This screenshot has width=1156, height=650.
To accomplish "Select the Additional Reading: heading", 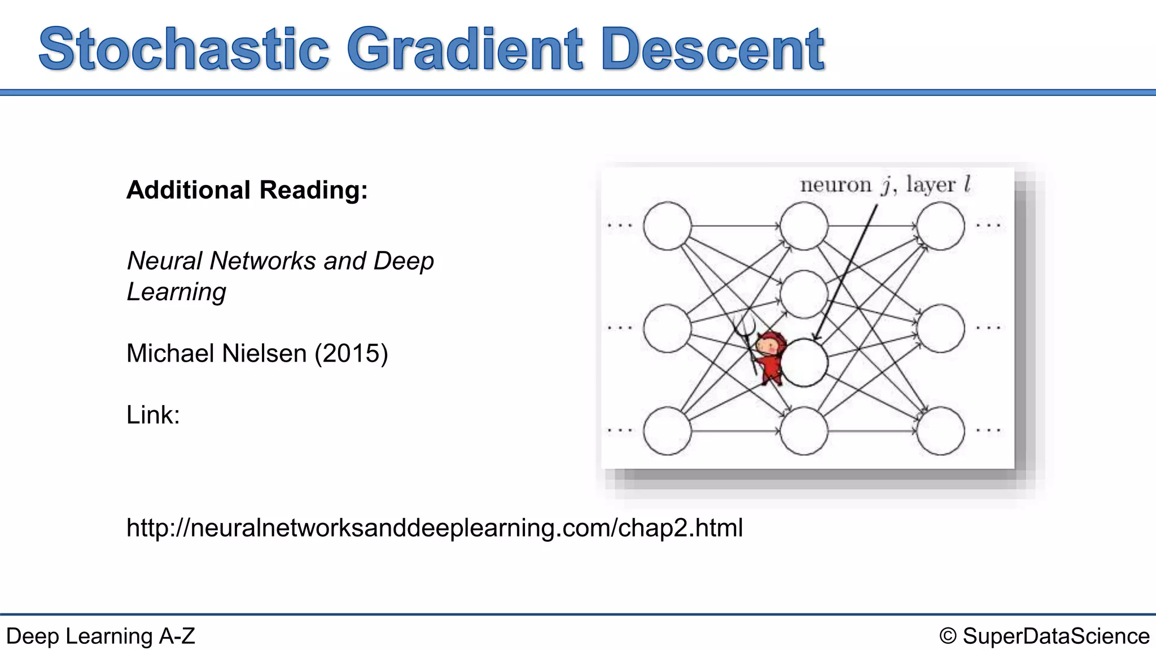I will pyautogui.click(x=247, y=190).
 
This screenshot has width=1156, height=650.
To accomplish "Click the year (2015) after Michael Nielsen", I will pyautogui.click(x=351, y=354).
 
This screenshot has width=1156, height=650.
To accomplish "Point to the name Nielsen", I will pyautogui.click(x=266, y=354).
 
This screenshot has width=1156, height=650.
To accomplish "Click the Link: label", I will pyautogui.click(x=153, y=415).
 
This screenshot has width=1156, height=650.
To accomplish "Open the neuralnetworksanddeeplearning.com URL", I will pyautogui.click(x=435, y=528).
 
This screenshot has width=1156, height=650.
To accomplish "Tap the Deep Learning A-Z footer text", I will pyautogui.click(x=100, y=636).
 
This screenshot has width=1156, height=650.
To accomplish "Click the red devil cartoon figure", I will pyautogui.click(x=769, y=358).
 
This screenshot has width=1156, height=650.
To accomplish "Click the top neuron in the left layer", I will pyautogui.click(x=667, y=226).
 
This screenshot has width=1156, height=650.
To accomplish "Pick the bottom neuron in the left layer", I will pyautogui.click(x=667, y=431).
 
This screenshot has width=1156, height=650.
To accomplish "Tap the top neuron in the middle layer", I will pyautogui.click(x=804, y=226).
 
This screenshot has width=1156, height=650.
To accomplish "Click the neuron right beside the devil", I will pyautogui.click(x=804, y=362).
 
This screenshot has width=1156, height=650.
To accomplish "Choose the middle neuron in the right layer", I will pyautogui.click(x=940, y=328).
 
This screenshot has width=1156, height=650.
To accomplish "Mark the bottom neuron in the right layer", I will pyautogui.click(x=940, y=431).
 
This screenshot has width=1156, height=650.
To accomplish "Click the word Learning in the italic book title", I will pyautogui.click(x=176, y=292).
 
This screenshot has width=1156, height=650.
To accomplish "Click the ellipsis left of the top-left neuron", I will pyautogui.click(x=620, y=226).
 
